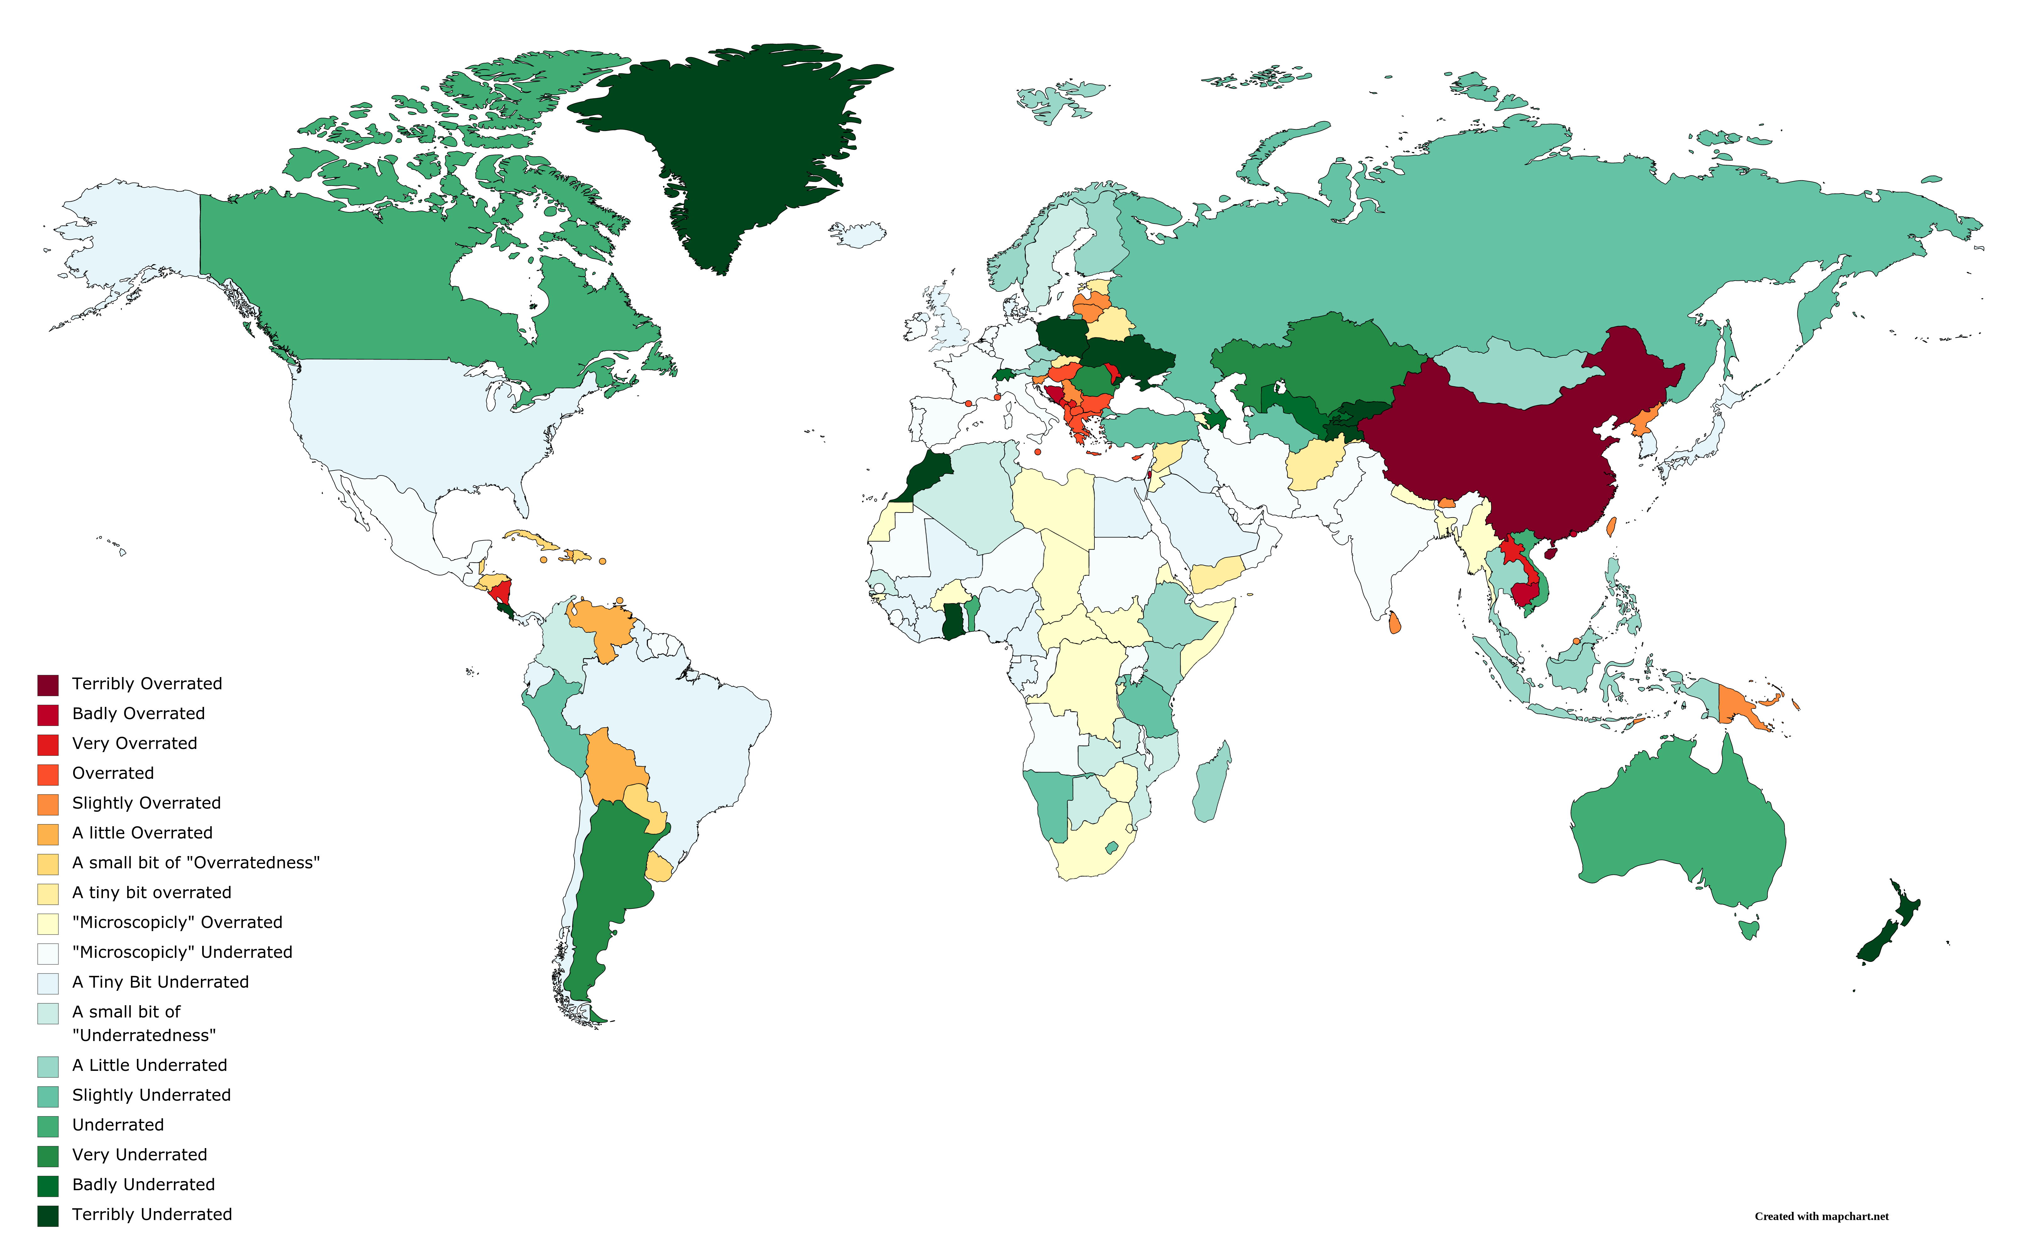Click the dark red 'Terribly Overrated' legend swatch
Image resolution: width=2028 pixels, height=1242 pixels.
click(x=48, y=685)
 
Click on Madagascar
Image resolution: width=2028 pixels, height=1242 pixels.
click(x=1212, y=782)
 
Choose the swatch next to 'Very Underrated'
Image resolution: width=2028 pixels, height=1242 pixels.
click(x=48, y=1156)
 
